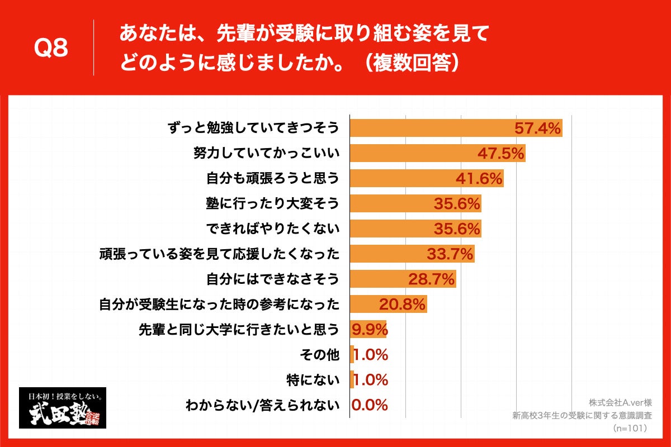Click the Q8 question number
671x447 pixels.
pyautogui.click(x=51, y=49)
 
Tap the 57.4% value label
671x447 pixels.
pyautogui.click(x=537, y=129)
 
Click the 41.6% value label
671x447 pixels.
pyautogui.click(x=479, y=179)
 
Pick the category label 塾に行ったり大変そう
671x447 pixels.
pyautogui.click(x=273, y=203)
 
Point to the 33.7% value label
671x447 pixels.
pyautogui.click(x=450, y=254)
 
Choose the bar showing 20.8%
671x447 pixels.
pyautogui.click(x=388, y=305)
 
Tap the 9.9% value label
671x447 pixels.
pyautogui.click(x=369, y=330)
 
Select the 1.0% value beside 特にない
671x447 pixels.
pyautogui.click(x=370, y=380)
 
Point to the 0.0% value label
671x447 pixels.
pyautogui.click(x=370, y=405)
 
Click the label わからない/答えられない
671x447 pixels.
pyautogui.click(x=262, y=405)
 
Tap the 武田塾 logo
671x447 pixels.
pyautogui.click(x=63, y=408)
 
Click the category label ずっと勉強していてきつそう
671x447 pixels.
pyautogui.click(x=254, y=128)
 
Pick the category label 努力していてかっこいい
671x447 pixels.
pyautogui.click(x=266, y=153)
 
